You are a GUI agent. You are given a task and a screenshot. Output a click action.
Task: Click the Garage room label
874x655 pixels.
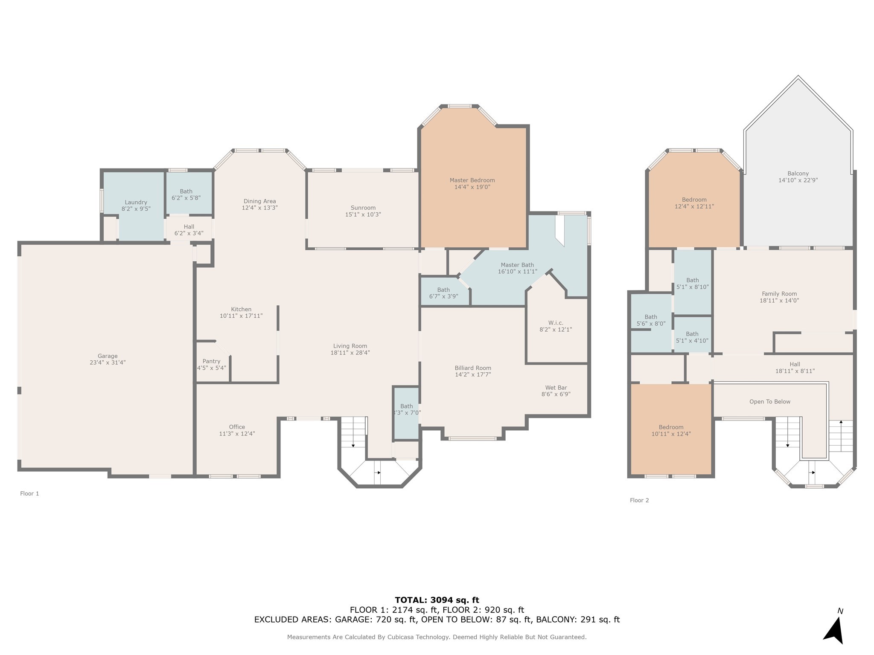coord(108,356)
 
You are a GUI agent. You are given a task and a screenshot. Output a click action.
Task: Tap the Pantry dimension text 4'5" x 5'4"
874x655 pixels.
coord(212,368)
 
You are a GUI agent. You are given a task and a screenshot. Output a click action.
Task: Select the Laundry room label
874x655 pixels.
coord(136,202)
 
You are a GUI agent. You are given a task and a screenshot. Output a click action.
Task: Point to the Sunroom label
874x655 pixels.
coord(363,208)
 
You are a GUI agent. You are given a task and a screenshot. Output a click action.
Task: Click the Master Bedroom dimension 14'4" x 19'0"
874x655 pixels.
coord(472,187)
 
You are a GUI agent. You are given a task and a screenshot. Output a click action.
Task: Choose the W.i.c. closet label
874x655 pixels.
coord(556,323)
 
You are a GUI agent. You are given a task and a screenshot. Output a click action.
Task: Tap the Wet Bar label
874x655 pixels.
coord(556,388)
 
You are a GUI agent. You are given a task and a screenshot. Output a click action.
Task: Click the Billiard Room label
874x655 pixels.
coord(473,368)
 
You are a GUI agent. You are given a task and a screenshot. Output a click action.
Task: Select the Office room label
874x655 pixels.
coord(237,427)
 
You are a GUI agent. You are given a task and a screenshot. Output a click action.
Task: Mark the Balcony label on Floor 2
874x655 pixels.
coord(798,174)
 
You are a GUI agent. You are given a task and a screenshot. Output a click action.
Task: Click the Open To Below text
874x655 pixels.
coord(770,402)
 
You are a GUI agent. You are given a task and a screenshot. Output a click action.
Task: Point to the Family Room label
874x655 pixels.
coord(779,294)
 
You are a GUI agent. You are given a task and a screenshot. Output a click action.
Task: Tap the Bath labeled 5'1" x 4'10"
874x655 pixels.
coord(692,337)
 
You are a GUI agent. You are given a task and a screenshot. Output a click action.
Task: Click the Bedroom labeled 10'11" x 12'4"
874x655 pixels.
coord(671,430)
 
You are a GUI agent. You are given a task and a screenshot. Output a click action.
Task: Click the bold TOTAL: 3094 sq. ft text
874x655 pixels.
coord(437,600)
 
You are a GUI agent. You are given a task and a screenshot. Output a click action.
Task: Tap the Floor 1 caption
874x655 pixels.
coord(29,493)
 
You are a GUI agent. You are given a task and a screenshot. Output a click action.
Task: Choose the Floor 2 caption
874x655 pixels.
coord(639,500)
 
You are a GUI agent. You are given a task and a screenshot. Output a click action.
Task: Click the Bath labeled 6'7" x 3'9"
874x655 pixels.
coord(443,293)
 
